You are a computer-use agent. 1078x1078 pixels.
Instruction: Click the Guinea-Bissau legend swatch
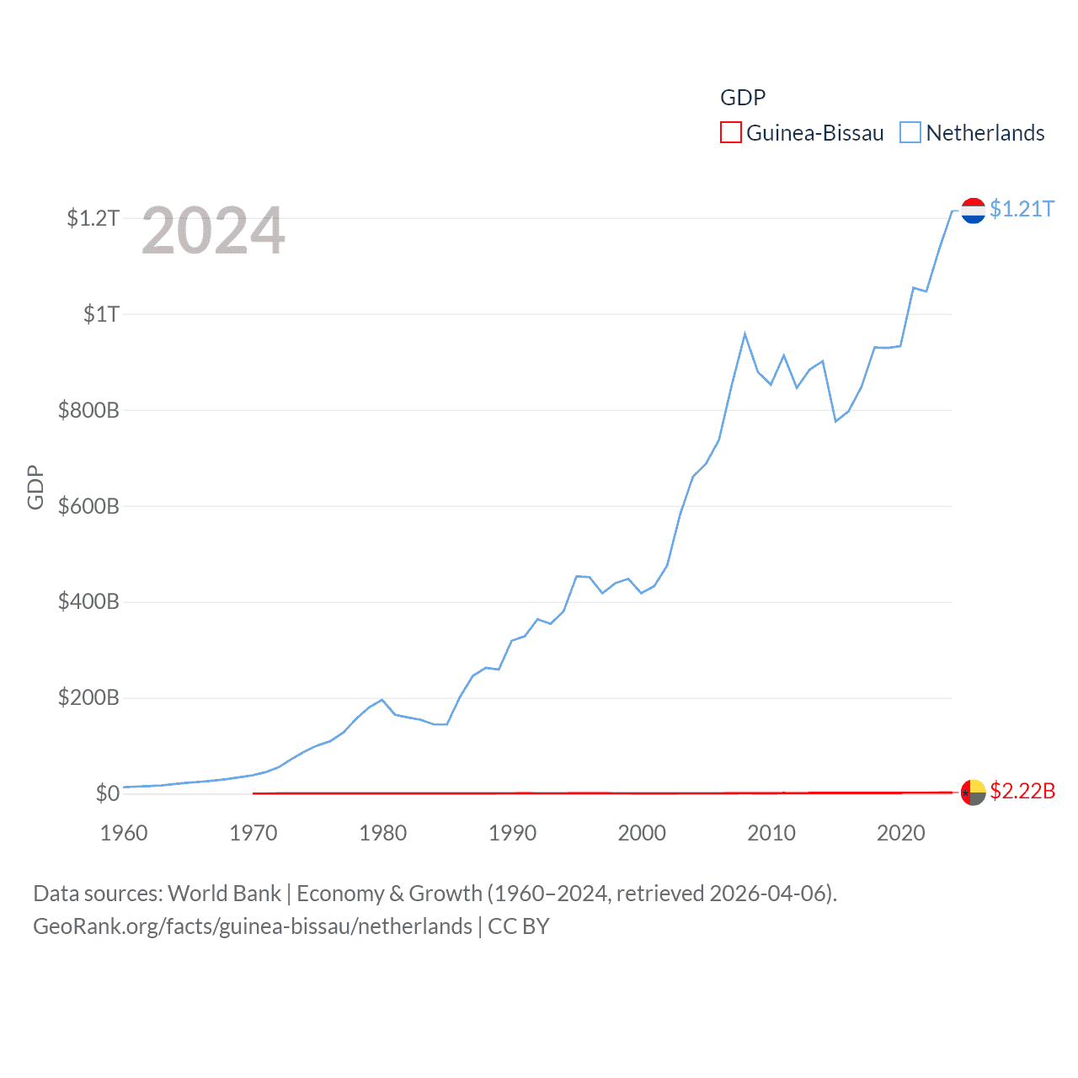730,133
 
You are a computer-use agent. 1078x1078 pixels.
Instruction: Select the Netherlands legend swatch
910,133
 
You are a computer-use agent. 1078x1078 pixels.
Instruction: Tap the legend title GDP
743,98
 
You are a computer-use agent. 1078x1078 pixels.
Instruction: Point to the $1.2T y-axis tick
93,219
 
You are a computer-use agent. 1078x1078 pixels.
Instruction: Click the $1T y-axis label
101,315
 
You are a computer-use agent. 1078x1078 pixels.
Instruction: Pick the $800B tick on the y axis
88,411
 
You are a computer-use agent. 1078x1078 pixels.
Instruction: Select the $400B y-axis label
88,602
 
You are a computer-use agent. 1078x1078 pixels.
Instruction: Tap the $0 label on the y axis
107,793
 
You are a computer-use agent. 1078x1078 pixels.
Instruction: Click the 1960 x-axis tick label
124,834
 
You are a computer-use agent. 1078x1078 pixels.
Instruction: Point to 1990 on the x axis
512,834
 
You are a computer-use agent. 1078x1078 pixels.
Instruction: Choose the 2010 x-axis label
771,834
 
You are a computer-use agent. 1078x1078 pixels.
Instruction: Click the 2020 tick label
901,834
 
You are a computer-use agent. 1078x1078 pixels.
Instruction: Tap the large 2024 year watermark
213,231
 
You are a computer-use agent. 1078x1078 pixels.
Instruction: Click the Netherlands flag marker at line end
973,211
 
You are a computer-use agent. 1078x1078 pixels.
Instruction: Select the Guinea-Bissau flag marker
973,792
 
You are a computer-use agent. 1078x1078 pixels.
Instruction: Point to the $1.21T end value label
1022,209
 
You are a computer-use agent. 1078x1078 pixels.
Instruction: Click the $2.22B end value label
1022,792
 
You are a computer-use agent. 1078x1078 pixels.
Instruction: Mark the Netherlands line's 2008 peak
744,334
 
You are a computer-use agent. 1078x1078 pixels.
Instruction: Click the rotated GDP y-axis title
35,487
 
